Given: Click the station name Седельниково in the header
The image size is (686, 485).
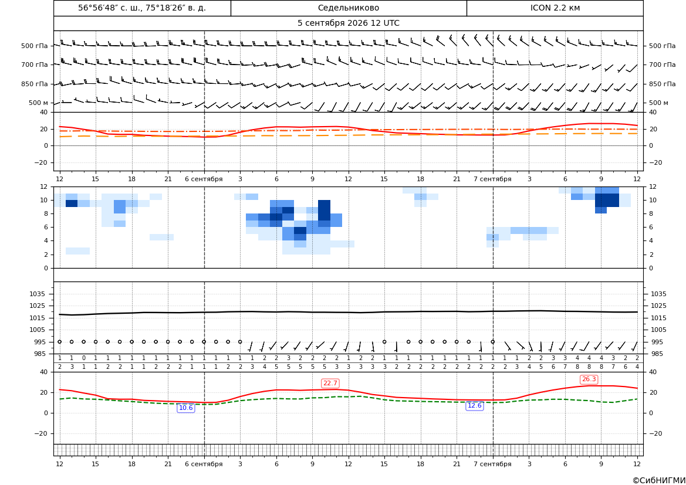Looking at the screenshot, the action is (x=348, y=8).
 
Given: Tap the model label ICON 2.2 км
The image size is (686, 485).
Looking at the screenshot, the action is (x=555, y=8).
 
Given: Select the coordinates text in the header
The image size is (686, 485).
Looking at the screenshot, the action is (x=142, y=8).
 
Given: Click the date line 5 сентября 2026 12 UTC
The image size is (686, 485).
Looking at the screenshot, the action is (x=348, y=23).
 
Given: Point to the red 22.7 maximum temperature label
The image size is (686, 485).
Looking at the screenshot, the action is (x=330, y=383).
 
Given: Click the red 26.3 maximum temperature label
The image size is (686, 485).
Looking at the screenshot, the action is (x=589, y=379).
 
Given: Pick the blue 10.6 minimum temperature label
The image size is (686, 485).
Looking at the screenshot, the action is (x=186, y=408).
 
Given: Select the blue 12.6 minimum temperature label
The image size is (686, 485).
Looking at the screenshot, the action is (x=475, y=405).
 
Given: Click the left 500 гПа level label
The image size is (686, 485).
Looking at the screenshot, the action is (x=34, y=46).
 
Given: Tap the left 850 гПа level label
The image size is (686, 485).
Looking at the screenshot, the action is (x=34, y=84).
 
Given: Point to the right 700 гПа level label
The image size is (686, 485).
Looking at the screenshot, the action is (x=663, y=65).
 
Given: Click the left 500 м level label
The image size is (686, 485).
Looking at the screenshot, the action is (x=39, y=103).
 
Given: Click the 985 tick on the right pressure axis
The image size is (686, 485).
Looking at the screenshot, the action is (x=657, y=354).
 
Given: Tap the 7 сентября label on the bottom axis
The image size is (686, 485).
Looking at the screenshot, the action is (x=492, y=464).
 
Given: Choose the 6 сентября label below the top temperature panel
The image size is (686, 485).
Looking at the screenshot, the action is (x=204, y=179).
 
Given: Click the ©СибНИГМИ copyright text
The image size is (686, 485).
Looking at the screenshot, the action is (x=658, y=480).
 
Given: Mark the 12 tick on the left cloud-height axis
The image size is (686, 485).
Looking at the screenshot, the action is (x=44, y=186).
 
